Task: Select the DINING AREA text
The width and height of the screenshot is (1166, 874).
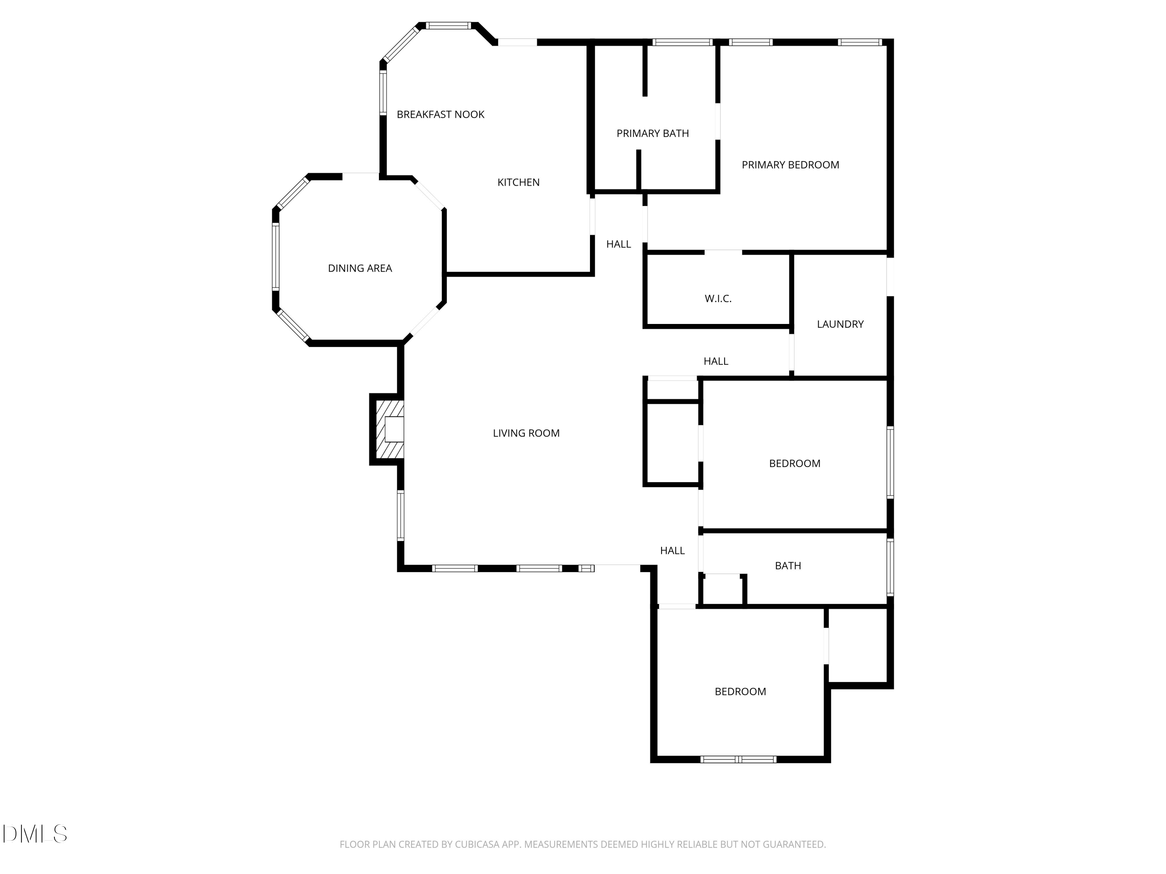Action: (x=360, y=268)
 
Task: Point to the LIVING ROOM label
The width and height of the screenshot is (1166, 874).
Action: (x=526, y=433)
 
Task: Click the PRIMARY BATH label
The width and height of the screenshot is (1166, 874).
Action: (x=653, y=133)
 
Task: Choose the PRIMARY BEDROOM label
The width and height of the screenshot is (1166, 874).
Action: (x=790, y=165)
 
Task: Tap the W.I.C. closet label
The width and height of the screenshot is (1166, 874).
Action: (x=718, y=299)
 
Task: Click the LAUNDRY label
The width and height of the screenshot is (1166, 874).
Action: (x=840, y=324)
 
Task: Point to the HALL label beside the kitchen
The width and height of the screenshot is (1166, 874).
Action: (x=618, y=244)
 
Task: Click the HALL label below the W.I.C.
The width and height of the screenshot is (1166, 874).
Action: (x=716, y=361)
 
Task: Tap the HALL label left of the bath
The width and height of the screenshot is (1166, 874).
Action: (x=672, y=550)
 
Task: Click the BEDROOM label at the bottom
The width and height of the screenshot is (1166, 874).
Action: (x=740, y=692)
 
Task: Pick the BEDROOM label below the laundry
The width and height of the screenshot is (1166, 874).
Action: (x=794, y=463)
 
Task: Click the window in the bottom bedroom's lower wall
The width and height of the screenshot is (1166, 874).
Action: (x=738, y=759)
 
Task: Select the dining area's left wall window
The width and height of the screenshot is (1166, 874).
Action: (x=275, y=256)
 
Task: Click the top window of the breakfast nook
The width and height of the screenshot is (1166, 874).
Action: (x=448, y=25)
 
